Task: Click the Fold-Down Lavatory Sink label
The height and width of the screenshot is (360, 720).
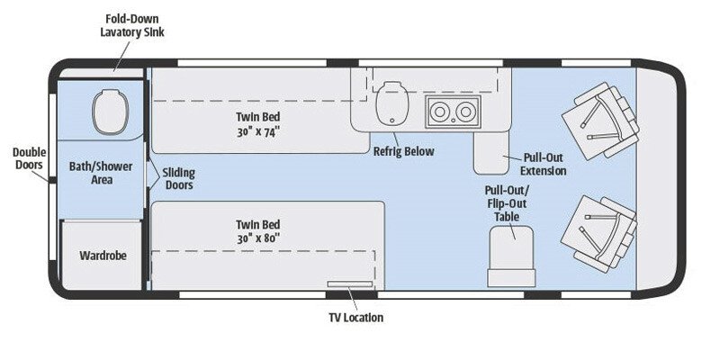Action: [132, 24]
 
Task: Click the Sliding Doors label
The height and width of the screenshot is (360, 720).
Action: [179, 178]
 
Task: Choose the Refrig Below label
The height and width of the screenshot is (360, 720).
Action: [403, 151]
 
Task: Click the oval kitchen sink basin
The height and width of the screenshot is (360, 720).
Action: [389, 101]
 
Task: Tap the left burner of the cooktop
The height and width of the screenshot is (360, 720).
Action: [441, 112]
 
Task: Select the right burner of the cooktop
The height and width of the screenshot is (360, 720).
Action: [465, 112]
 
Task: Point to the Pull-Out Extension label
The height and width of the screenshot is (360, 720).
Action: [543, 164]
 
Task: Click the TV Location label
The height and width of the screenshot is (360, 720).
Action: [351, 317]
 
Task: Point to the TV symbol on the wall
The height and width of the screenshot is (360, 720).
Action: [351, 285]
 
